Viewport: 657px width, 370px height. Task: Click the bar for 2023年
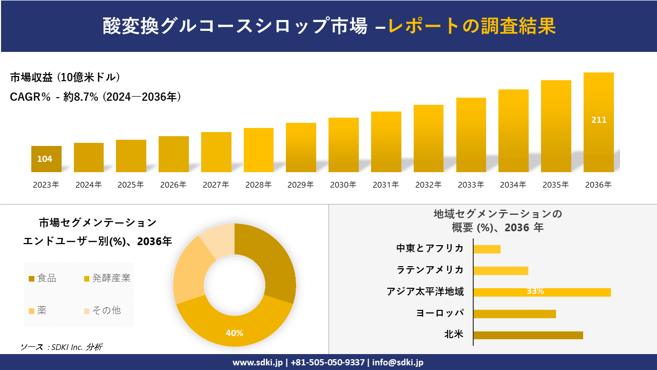tap(46, 159)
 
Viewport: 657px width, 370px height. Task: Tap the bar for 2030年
tap(343, 145)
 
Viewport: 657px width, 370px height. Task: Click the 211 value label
tap(598, 120)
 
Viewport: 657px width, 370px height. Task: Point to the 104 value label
tap(45, 159)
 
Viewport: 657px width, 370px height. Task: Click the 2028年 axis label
tap(258, 185)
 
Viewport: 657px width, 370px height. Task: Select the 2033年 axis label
tap(471, 185)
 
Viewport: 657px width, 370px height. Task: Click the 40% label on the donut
tap(235, 333)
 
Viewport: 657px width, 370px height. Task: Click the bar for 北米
tap(528, 335)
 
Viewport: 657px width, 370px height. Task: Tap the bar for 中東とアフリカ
tap(487, 249)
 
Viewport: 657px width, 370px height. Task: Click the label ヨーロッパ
tap(440, 313)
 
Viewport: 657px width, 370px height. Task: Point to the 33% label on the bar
tap(535, 291)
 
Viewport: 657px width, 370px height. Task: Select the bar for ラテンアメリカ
tap(500, 271)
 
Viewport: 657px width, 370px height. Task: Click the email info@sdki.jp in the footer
tap(398, 362)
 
